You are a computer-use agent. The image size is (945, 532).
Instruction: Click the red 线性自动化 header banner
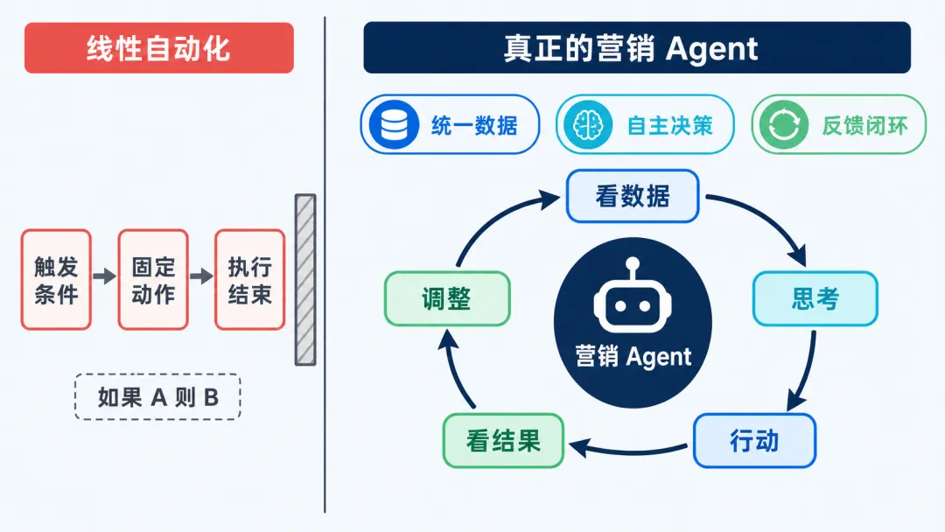tap(159, 48)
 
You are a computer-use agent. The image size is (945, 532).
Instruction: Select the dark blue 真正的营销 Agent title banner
tap(637, 47)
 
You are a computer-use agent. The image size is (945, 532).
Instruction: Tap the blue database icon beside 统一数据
tap(394, 125)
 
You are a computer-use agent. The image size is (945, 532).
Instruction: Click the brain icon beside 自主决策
tap(588, 125)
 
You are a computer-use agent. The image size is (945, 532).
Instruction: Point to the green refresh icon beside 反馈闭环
tap(783, 125)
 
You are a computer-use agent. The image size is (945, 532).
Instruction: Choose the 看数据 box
tap(633, 196)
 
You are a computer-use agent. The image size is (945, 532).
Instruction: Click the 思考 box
tap(815, 299)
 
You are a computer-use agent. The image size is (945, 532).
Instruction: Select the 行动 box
tap(754, 440)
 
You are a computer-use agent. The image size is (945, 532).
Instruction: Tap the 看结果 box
tap(503, 440)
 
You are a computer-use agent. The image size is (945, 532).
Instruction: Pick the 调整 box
tap(447, 299)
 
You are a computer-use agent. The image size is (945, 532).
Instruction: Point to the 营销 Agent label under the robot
tap(633, 357)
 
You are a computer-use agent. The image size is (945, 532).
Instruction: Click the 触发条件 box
tap(56, 279)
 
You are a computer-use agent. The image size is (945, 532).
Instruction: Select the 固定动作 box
tap(153, 279)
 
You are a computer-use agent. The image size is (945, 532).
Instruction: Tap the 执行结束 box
tap(250, 279)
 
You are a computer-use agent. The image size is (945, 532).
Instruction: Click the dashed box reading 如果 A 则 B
tap(157, 397)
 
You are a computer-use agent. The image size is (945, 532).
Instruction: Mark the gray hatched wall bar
tap(305, 279)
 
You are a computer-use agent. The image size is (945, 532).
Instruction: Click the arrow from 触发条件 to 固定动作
tap(105, 276)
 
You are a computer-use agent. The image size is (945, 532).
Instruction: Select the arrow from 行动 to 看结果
tap(628, 450)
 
